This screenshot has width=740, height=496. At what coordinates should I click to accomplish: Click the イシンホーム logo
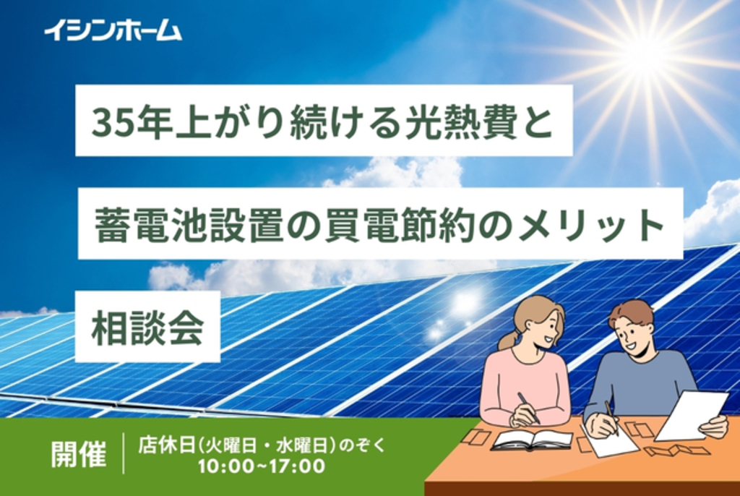(112, 30)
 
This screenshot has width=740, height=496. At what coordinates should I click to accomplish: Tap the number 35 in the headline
(108, 121)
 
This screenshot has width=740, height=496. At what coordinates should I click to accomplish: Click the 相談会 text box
(147, 327)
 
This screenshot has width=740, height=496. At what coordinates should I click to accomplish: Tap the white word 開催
(79, 453)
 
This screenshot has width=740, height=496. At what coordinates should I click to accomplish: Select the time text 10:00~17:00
(262, 466)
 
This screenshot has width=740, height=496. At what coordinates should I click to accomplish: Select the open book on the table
(531, 439)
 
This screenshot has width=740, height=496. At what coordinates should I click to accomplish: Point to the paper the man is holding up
(692, 414)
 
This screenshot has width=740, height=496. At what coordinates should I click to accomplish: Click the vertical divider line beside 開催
(124, 453)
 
